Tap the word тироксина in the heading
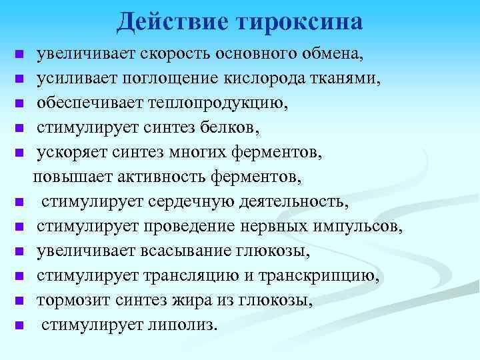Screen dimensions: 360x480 (299, 21)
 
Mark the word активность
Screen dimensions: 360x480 (164, 177)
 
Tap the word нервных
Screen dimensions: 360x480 (275, 226)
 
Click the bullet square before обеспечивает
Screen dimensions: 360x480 (20, 103)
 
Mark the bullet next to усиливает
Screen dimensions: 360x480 (20, 79)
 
